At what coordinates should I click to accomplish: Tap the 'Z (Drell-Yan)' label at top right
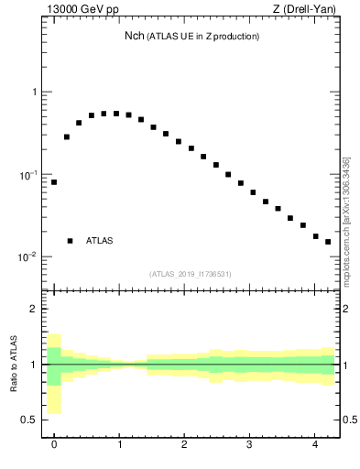305,10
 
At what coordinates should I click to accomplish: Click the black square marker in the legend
70,241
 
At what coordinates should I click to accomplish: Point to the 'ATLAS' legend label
100,241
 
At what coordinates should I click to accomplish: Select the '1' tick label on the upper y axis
34,93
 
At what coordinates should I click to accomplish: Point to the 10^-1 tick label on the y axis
28,174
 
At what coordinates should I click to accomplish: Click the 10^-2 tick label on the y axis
28,256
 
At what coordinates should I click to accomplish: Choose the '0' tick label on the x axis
54,445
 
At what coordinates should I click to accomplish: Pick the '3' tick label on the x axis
250,445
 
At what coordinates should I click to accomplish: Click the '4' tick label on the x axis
315,445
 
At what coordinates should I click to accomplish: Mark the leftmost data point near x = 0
54,182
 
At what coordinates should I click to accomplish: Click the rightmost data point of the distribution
328,242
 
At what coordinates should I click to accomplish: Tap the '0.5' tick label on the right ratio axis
351,420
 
